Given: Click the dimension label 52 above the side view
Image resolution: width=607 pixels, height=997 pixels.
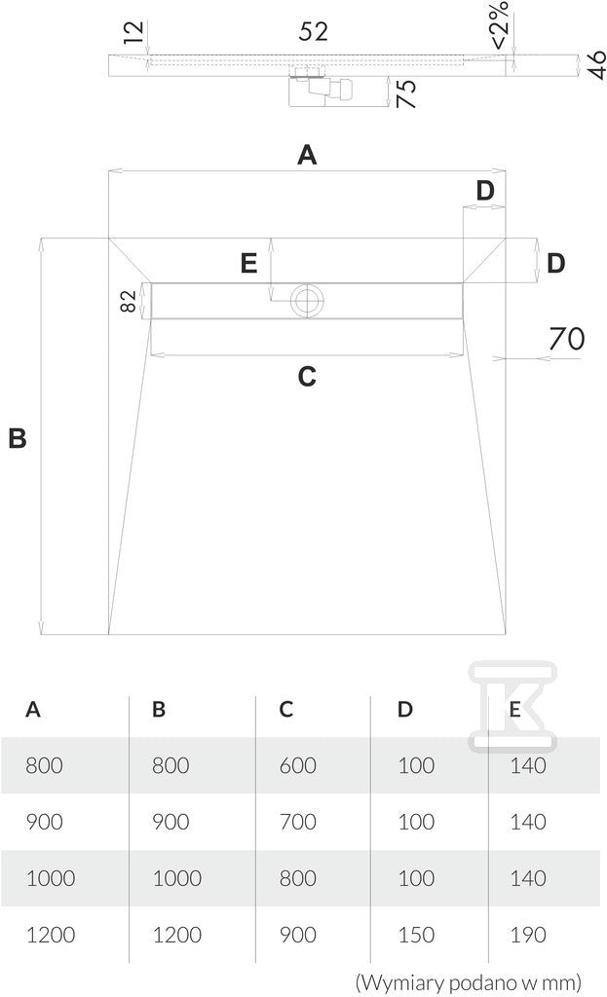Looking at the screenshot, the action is click(313, 31).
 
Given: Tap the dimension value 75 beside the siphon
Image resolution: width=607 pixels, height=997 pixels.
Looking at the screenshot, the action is click(406, 93).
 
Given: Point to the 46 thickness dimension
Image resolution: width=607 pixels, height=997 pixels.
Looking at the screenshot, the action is click(596, 65).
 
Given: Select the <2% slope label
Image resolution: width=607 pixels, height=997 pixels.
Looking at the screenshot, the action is click(500, 24).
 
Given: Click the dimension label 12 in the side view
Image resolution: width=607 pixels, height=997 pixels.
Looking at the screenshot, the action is click(133, 32).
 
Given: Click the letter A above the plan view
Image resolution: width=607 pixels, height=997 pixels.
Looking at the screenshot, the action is click(307, 155).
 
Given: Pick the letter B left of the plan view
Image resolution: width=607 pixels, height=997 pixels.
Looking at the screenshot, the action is click(18, 438).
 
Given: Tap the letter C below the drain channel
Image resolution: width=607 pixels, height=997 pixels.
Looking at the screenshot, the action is click(307, 377).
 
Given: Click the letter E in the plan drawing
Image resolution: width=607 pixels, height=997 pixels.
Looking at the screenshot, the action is click(248, 263).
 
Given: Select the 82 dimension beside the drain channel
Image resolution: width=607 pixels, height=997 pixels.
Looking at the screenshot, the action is click(128, 301).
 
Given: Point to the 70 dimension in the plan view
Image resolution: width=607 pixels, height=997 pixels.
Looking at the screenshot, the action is click(566, 338).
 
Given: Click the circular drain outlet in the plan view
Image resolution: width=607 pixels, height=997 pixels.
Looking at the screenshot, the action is click(307, 300).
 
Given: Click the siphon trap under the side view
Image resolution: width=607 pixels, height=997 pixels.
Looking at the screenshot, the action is click(321, 88).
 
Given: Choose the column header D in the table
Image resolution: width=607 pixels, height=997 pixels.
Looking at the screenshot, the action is click(404, 709).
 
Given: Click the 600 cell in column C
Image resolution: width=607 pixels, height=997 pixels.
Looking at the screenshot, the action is click(298, 765).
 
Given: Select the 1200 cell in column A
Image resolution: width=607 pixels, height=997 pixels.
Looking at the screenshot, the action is click(51, 935).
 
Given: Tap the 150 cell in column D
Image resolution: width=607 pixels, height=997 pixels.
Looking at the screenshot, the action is click(416, 935).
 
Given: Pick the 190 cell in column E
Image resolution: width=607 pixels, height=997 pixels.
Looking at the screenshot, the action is click(527, 935).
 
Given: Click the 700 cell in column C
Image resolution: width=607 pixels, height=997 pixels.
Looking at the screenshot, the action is click(298, 822).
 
